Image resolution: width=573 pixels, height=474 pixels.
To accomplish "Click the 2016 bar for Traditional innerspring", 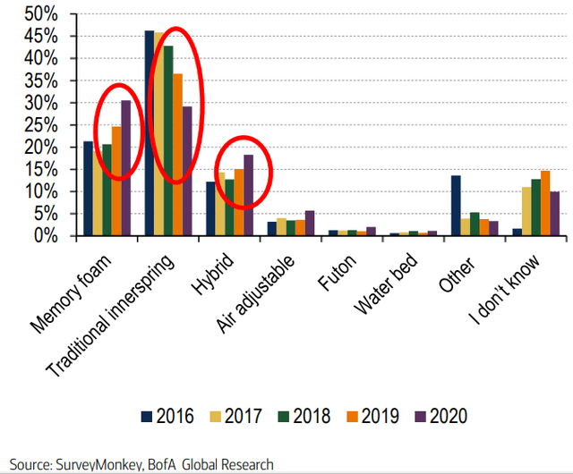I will click(x=150, y=133).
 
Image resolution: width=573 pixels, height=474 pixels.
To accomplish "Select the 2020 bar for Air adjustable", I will click(x=310, y=224).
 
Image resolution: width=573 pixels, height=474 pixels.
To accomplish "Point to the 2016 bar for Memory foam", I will click(x=88, y=189).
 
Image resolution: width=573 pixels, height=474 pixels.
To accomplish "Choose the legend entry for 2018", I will click(x=303, y=416).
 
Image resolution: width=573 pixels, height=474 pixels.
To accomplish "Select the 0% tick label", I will click(x=47, y=236).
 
